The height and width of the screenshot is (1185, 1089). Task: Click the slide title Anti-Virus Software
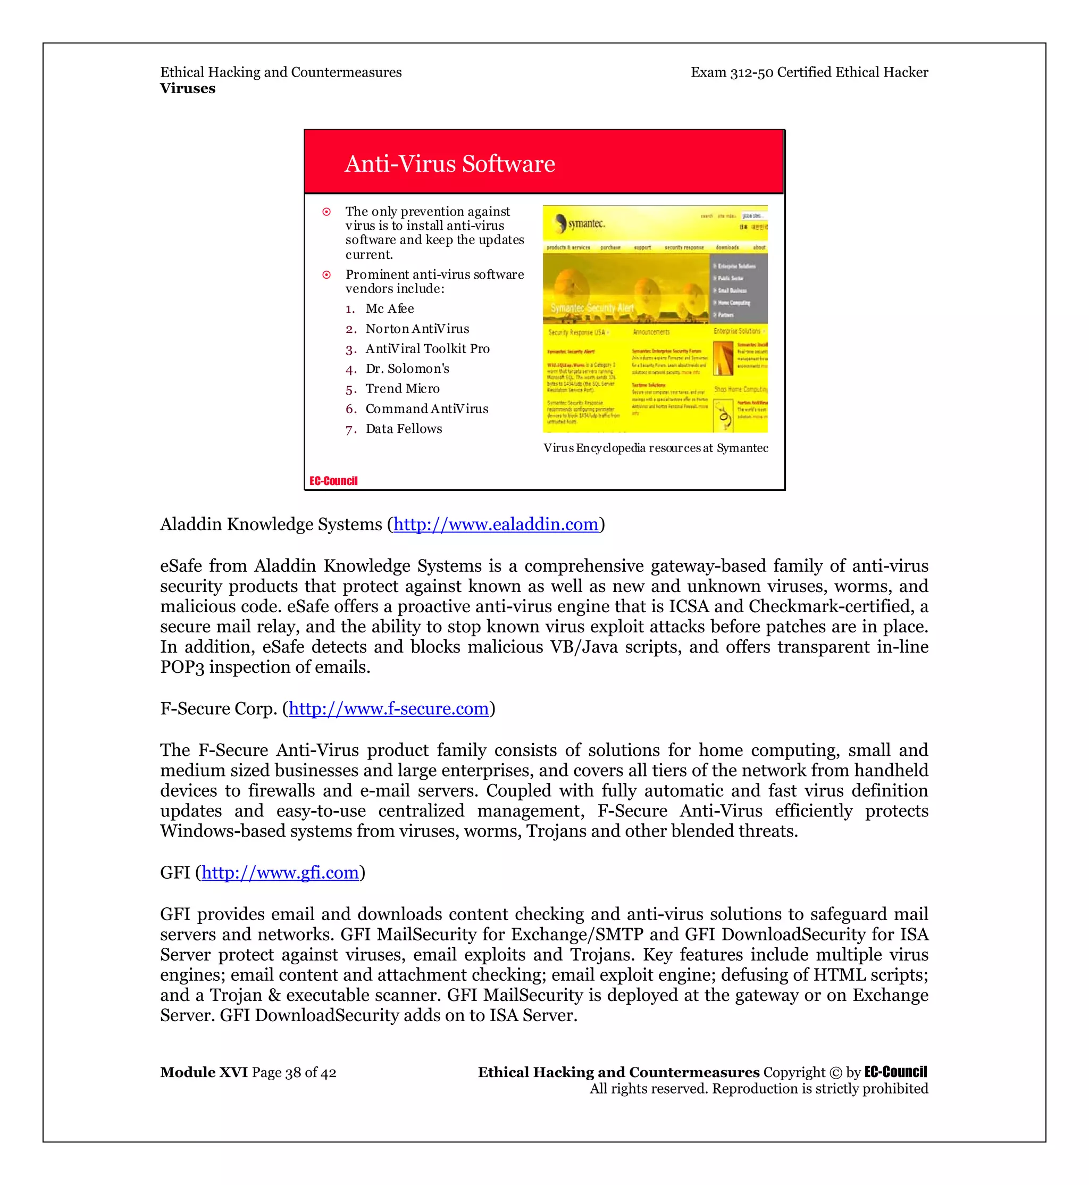tap(450, 164)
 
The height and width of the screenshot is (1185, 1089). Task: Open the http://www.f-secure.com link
tap(388, 708)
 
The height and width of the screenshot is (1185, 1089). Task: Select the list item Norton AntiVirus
tap(417, 329)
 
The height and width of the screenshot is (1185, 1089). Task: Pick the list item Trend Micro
tap(403, 388)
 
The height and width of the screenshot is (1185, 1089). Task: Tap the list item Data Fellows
tap(404, 429)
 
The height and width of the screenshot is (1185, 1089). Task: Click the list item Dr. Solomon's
tap(407, 369)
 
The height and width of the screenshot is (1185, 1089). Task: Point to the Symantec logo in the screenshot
tap(580, 223)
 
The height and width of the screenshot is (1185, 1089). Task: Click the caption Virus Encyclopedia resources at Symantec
tap(655, 448)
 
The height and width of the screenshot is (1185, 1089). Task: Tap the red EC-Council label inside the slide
tap(333, 481)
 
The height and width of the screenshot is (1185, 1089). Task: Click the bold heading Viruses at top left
tap(187, 88)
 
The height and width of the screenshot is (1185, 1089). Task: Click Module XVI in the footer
tap(203, 1072)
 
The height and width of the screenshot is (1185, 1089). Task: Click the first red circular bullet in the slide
tap(326, 212)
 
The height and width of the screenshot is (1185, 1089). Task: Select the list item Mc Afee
tap(390, 309)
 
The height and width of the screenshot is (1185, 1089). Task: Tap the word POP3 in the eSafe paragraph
tap(182, 667)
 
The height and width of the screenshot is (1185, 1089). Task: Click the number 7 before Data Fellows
tap(350, 430)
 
